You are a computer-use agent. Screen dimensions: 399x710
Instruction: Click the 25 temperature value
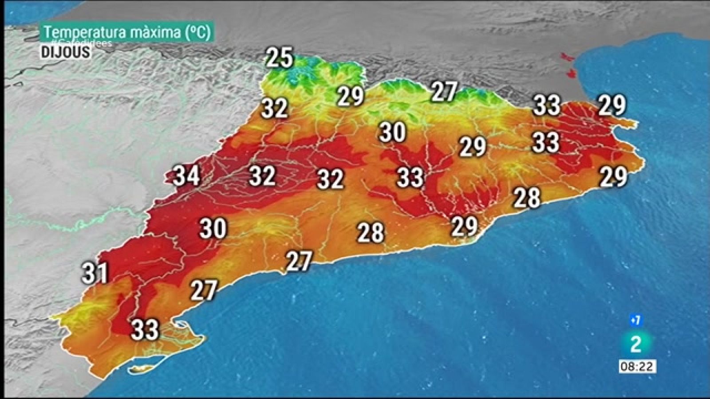pyautogui.click(x=280, y=58)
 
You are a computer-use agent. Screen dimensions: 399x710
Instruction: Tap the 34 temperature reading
pyautogui.click(x=186, y=176)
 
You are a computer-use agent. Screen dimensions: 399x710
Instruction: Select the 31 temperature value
pyautogui.click(x=95, y=273)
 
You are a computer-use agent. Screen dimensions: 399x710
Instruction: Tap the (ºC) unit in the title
pyautogui.click(x=198, y=32)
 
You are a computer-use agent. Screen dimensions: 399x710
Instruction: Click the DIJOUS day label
pyautogui.click(x=66, y=52)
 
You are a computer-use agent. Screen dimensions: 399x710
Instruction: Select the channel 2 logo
pyautogui.click(x=636, y=344)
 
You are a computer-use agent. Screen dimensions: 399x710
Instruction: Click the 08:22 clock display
pyautogui.click(x=637, y=366)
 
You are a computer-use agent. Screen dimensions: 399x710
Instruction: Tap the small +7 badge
pyautogui.click(x=635, y=320)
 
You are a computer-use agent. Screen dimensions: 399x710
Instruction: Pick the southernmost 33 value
pyautogui.click(x=145, y=330)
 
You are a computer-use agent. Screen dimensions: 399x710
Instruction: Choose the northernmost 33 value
pyautogui.click(x=546, y=106)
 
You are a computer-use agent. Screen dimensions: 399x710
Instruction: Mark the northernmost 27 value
pyautogui.click(x=444, y=92)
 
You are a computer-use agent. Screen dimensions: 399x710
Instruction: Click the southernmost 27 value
pyautogui.click(x=204, y=290)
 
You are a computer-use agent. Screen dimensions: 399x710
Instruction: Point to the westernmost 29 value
pyautogui.click(x=351, y=96)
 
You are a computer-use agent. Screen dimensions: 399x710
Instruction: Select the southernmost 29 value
pyautogui.click(x=464, y=226)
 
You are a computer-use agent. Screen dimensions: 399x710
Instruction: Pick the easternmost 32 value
pyautogui.click(x=331, y=179)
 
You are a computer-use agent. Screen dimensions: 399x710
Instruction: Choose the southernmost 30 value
pyautogui.click(x=213, y=228)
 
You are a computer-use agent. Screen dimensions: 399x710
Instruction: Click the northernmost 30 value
pyautogui.click(x=393, y=132)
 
